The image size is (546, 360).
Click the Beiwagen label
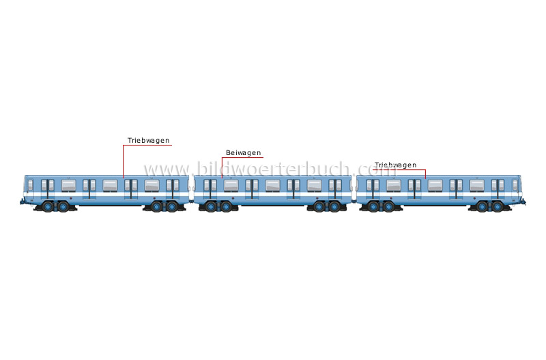coord(243,152)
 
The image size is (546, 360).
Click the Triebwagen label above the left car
coord(148,141)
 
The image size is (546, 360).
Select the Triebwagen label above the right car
coord(395,165)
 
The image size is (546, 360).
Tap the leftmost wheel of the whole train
coord(48,207)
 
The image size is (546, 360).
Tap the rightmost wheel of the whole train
coord(498,207)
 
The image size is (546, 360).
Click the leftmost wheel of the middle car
coord(211,207)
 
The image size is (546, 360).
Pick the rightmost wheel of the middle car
coord(334,207)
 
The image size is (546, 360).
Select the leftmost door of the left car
coord(48,189)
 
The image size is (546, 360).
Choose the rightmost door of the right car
coord(498,189)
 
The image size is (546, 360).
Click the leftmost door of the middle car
coord(210,189)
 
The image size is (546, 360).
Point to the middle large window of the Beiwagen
coord(272,186)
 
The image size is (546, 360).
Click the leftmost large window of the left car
coord(69,186)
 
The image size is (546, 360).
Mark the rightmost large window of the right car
coord(477,186)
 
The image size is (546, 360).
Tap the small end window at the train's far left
coord(30,185)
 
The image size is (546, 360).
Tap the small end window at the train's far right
coord(515,185)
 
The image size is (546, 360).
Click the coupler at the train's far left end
coord(23,201)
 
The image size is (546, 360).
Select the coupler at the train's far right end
coord(523,201)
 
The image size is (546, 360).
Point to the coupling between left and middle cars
coord(192,201)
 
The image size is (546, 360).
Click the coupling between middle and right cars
coord(354,201)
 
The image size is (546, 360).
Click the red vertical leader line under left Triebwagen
coord(124,161)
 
